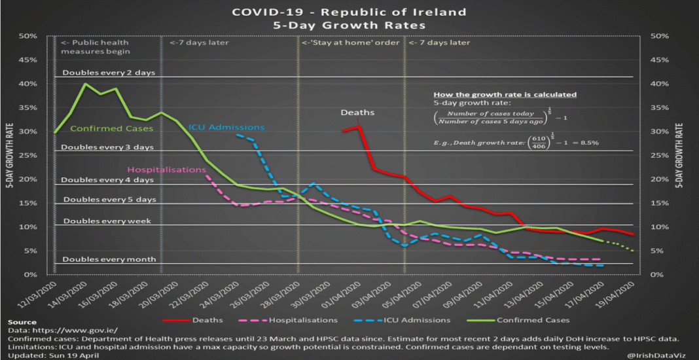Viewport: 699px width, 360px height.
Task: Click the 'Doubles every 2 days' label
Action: (x=109, y=73)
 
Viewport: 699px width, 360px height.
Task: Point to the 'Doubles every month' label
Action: (x=109, y=259)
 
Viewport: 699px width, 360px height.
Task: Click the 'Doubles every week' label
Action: (x=107, y=221)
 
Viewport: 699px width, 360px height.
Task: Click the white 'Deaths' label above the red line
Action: (x=357, y=113)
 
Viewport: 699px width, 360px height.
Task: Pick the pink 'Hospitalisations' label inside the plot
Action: (x=175, y=170)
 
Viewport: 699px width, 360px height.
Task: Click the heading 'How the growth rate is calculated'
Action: (x=505, y=94)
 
